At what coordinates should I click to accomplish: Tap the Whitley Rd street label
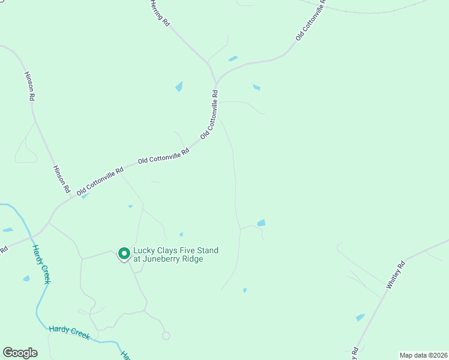click(x=397, y=275)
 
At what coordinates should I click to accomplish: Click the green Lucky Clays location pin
click(x=124, y=254)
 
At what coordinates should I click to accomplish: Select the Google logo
click(x=20, y=352)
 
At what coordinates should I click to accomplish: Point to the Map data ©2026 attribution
click(x=423, y=355)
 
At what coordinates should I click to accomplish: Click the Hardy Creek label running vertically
click(x=41, y=265)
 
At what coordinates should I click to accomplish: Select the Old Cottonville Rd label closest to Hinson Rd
click(x=100, y=178)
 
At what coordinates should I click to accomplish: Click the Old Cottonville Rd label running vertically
click(x=209, y=115)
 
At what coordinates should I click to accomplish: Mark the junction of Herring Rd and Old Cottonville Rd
click(x=215, y=82)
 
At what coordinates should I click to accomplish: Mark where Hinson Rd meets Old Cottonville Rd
click(x=71, y=196)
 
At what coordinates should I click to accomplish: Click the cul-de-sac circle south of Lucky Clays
click(x=166, y=335)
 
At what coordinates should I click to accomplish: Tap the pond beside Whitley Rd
click(x=360, y=317)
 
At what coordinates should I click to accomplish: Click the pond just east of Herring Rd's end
click(x=233, y=59)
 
